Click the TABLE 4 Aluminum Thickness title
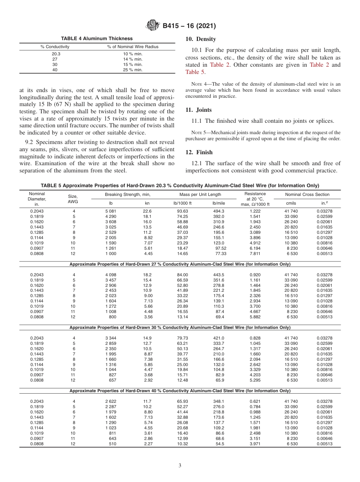pos(97,38)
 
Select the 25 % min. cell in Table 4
pos(133,70)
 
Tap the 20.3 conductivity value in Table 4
pos(56,54)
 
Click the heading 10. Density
pos(200,39)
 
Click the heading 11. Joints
pos(199,110)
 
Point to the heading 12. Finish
pos(199,152)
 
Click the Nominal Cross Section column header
pos(307,194)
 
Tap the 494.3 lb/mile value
pos(219,211)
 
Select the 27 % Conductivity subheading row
pos(180,264)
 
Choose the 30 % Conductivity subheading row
pos(180,327)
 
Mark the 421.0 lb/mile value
pos(219,338)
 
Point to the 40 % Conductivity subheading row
pos(180,391)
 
